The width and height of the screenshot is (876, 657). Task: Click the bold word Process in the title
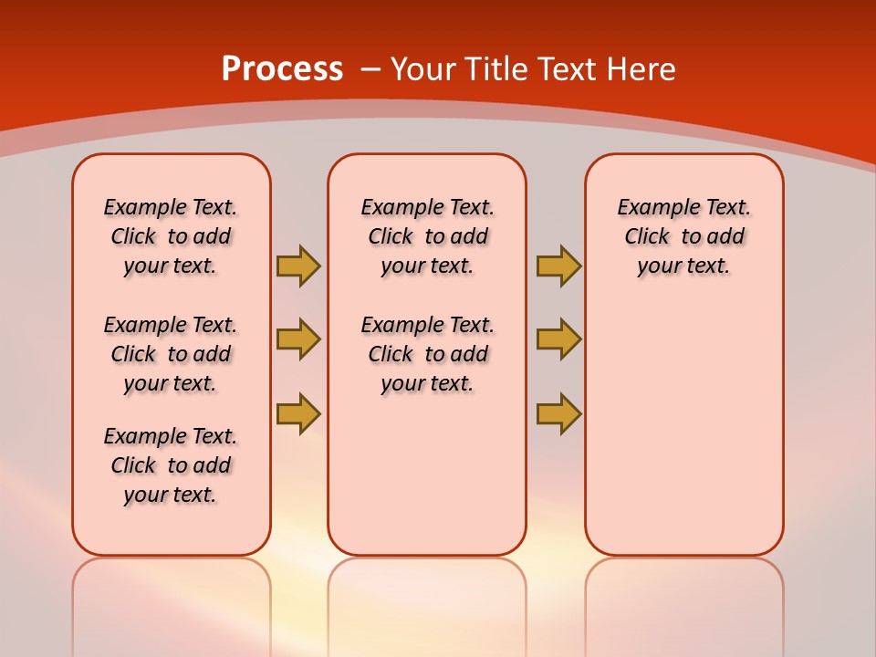click(x=282, y=69)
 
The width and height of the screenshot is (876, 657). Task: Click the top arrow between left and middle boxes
click(x=298, y=266)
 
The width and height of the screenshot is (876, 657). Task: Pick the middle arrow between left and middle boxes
click(x=298, y=339)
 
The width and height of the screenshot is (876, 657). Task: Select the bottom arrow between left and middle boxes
click(x=298, y=413)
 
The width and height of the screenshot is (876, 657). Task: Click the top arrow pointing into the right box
click(x=558, y=266)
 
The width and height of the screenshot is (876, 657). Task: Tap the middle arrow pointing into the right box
click(x=558, y=339)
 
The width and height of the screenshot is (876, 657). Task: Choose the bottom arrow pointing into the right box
click(x=558, y=413)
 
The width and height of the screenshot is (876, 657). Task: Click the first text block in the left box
click(x=171, y=236)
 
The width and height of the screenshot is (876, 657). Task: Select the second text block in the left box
click(x=171, y=354)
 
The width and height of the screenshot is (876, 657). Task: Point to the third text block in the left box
click(x=171, y=465)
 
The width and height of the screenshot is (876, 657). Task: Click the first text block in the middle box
click(x=427, y=236)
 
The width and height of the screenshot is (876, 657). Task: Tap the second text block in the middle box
click(x=427, y=354)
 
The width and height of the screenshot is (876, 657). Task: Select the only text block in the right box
click(x=683, y=236)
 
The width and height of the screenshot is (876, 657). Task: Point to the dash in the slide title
click(x=370, y=69)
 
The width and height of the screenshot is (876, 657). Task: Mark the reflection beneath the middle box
click(x=427, y=602)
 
